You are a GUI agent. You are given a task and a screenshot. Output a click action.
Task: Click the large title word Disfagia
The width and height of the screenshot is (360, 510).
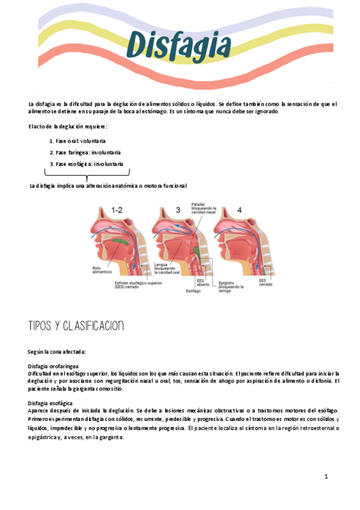tap(179, 45)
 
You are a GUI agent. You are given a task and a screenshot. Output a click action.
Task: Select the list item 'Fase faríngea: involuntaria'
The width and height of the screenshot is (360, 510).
tap(85, 152)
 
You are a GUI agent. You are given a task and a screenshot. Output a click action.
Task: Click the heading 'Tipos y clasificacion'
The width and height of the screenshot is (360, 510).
tap(76, 327)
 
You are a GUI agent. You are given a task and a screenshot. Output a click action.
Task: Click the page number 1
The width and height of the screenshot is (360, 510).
tap(326, 477)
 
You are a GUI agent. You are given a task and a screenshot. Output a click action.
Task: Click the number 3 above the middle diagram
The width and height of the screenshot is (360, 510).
tap(178, 210)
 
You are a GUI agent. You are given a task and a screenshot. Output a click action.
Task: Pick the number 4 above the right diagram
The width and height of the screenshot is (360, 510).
tap(239, 210)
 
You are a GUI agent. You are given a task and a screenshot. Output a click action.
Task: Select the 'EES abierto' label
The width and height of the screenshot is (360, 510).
tap(204, 282)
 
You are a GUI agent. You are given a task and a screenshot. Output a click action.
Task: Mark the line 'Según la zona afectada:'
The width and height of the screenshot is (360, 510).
tap(57, 351)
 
